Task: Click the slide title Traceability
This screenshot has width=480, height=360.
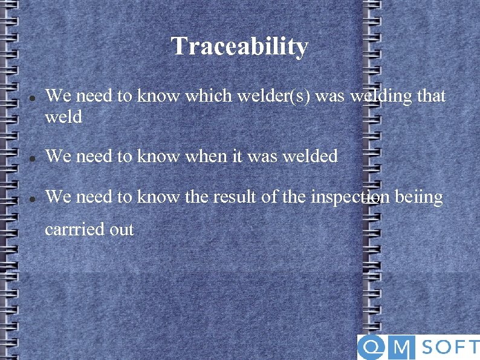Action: click(x=239, y=47)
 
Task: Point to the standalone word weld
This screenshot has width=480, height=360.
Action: click(x=63, y=116)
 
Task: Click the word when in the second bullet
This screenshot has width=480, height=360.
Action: click(x=197, y=156)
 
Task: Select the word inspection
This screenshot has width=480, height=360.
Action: click(x=350, y=197)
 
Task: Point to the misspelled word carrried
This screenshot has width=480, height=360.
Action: click(x=73, y=230)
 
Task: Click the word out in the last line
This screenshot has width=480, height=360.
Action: click(x=122, y=230)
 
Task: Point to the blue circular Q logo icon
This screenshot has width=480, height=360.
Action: click(x=370, y=348)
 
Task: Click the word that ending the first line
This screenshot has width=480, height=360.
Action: click(x=431, y=96)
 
